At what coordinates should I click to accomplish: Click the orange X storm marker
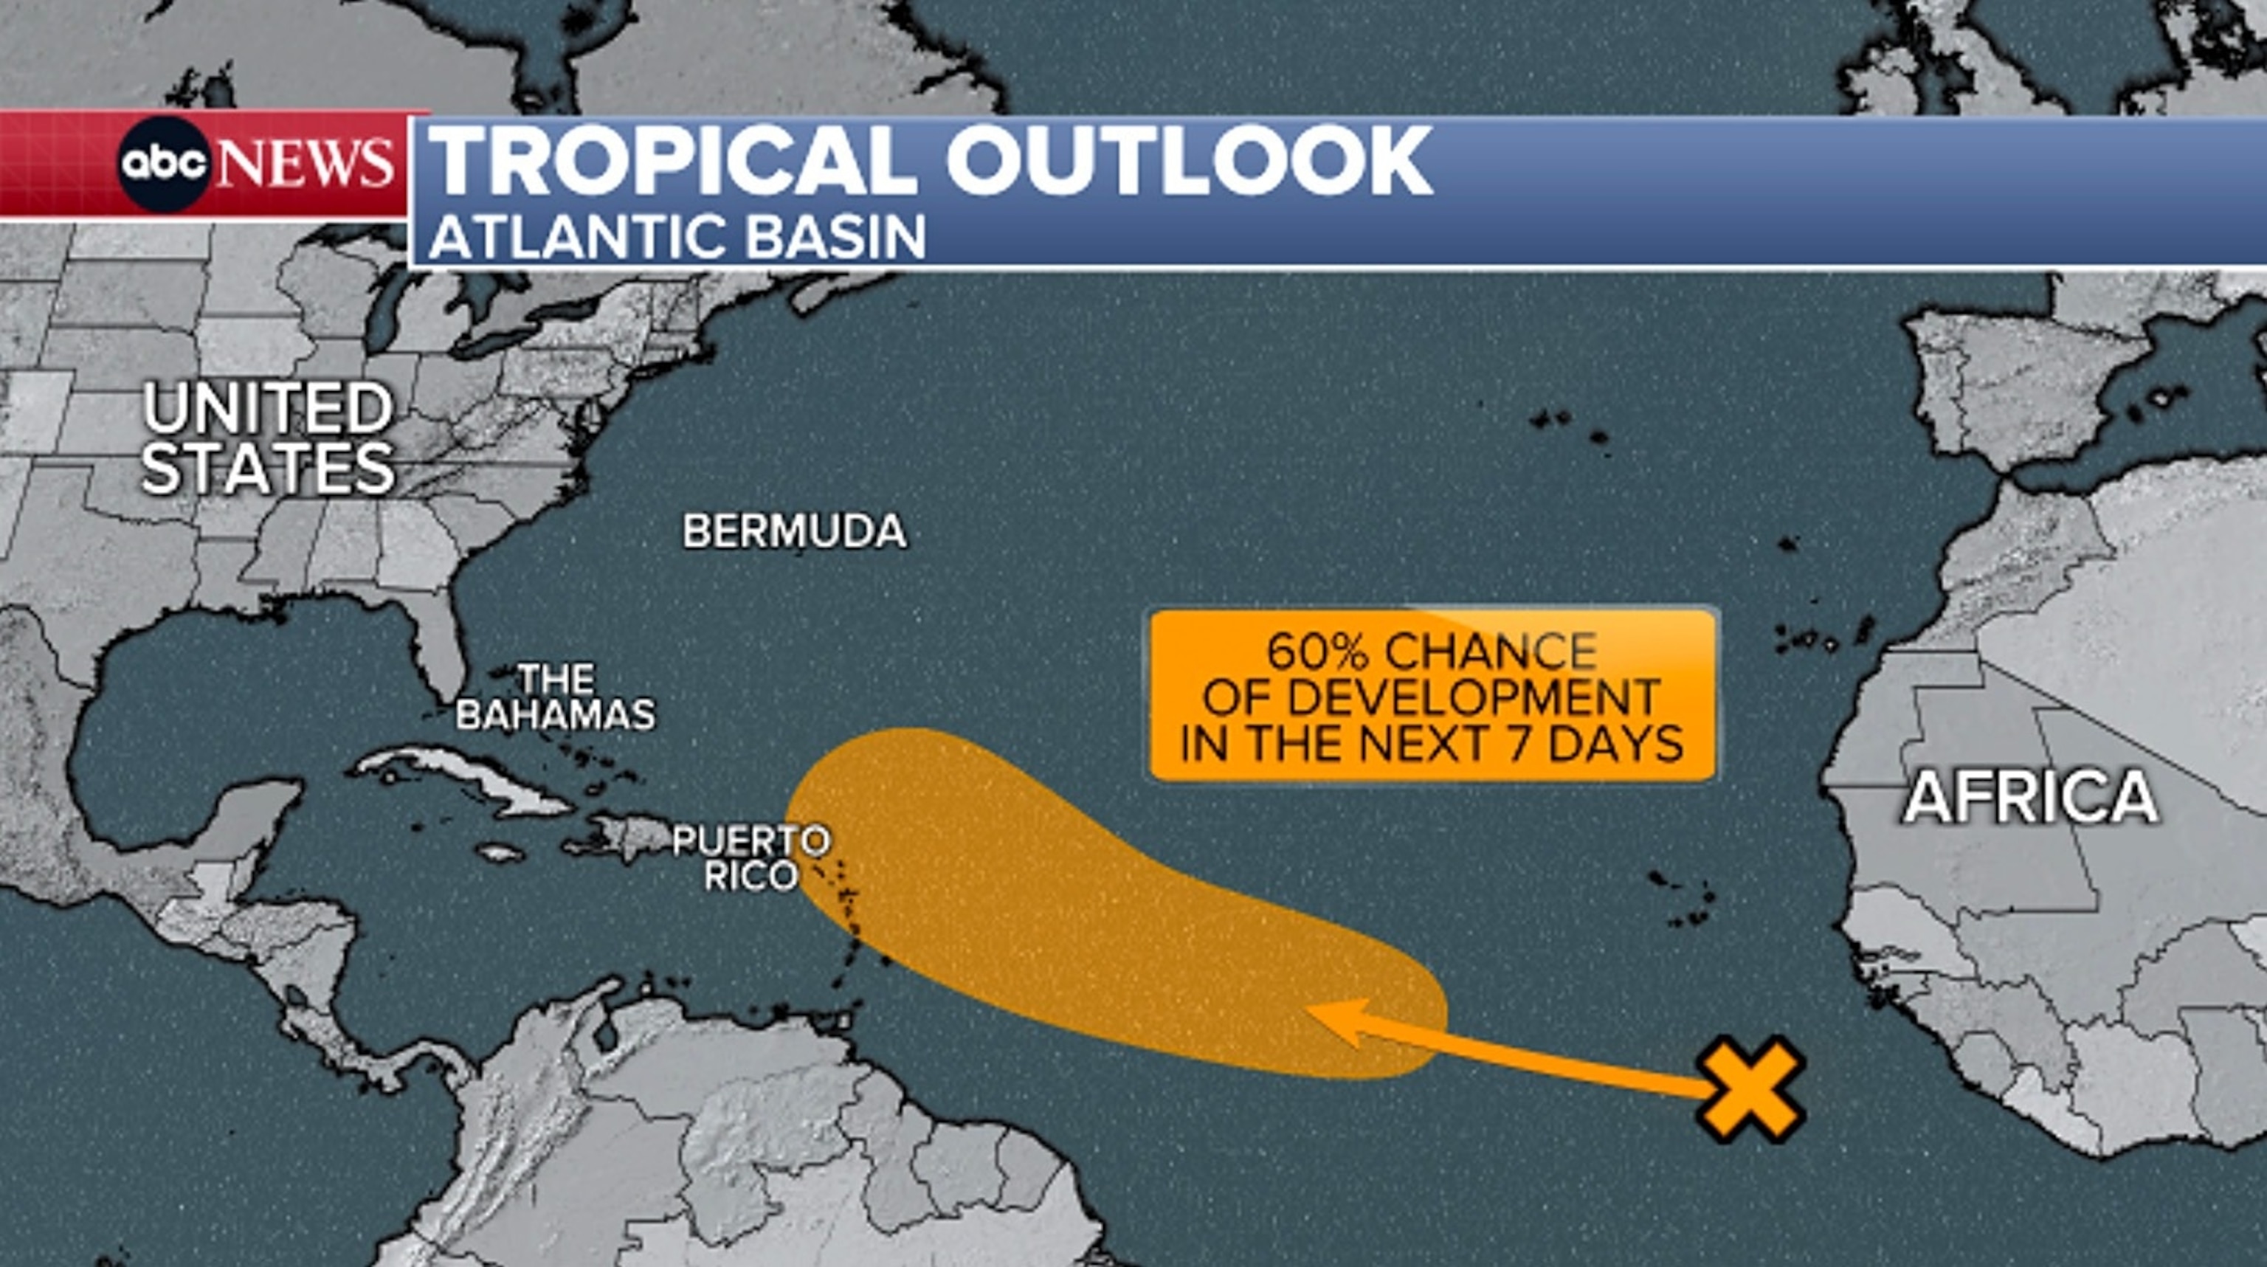click(x=1750, y=1089)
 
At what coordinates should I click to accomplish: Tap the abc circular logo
click(x=165, y=164)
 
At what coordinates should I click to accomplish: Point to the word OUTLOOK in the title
click(x=1188, y=161)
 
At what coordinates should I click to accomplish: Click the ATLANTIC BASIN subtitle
click(x=677, y=237)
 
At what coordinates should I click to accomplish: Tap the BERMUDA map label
click(x=794, y=531)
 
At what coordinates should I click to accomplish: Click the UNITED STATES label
click(x=268, y=438)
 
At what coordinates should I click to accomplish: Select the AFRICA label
click(x=2030, y=797)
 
